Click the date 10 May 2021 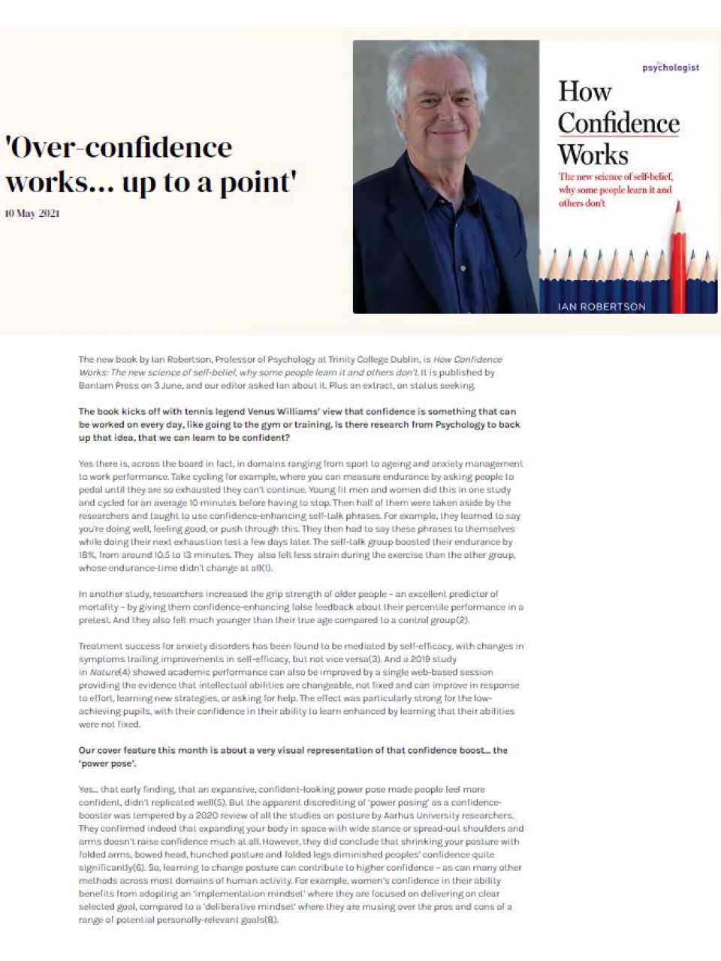pos(32,213)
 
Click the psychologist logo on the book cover pos(670,68)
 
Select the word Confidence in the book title pos(618,123)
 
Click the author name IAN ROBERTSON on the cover pos(602,306)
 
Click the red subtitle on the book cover pos(615,190)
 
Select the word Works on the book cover pos(593,155)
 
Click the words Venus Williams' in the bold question pos(251,411)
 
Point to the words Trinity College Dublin pos(360,360)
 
